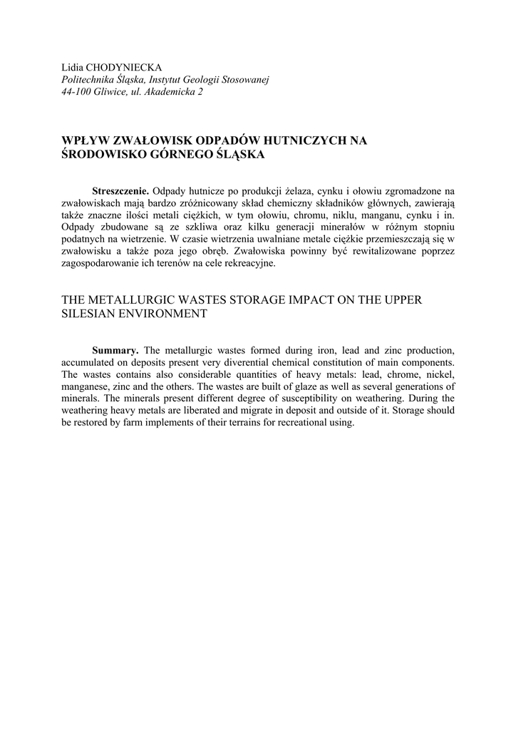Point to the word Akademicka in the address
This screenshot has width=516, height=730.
pyautogui.click(x=172, y=93)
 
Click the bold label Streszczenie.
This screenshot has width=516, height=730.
pyautogui.click(x=120, y=192)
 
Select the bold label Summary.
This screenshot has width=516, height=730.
pyautogui.click(x=115, y=350)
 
